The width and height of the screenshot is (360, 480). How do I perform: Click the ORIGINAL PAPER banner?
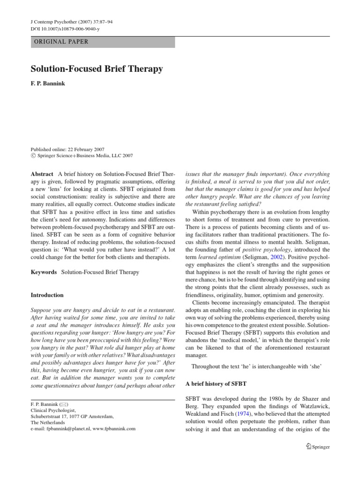(x=103, y=42)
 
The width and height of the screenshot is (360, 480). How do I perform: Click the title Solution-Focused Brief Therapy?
(x=97, y=69)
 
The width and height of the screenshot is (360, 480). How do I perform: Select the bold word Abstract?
(x=42, y=174)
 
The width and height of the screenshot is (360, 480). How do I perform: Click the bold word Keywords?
(x=44, y=272)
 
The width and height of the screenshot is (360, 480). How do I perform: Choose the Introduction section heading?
(x=47, y=295)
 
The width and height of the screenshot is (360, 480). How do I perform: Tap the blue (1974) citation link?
(x=242, y=414)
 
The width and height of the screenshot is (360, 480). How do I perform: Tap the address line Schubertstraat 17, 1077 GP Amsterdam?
(x=72, y=416)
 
